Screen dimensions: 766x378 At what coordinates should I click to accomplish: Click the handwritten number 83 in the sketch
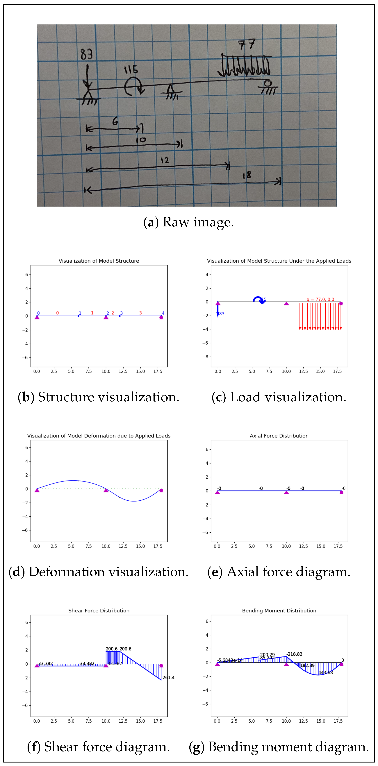pos(86,54)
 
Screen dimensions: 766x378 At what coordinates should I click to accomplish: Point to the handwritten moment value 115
pos(131,70)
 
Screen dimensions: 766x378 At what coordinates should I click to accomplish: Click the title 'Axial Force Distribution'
pos(279,436)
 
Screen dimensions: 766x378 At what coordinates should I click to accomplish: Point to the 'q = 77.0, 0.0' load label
pos(320,299)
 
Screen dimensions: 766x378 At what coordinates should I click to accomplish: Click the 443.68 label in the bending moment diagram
pos(326,673)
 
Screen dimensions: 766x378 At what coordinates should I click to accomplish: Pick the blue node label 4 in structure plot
pos(163,313)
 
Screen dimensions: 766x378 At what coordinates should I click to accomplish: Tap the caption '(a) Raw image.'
pos(189,222)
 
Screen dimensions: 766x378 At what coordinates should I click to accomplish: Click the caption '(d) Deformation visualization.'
pos(98,572)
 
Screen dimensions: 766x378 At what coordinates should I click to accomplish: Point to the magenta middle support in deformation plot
pos(106,490)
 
